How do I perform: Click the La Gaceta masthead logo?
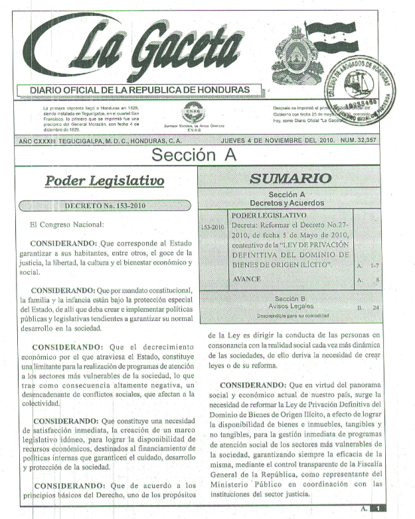(143, 48)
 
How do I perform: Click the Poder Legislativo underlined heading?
(105, 180)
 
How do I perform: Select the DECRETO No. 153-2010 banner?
(106, 205)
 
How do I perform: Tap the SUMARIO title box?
(290, 178)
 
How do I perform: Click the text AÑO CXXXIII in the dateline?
(41, 141)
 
